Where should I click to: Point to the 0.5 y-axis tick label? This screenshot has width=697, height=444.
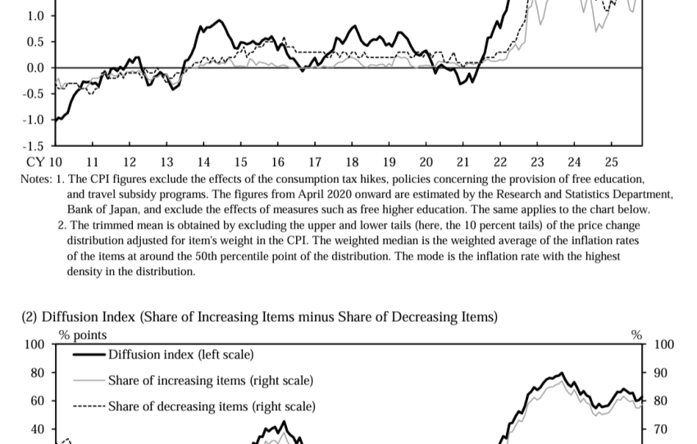(35, 42)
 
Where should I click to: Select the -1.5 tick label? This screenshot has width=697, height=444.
(33, 146)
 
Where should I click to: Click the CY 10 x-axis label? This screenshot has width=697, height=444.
(44, 162)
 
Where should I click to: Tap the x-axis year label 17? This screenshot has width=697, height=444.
(315, 162)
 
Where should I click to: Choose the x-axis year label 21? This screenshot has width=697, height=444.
(463, 162)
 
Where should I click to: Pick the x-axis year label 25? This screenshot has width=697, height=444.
(611, 162)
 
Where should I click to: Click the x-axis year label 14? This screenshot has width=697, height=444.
(204, 162)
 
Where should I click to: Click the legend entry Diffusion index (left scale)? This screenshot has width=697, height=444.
(180, 355)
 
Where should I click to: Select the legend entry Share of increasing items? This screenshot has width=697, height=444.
(210, 380)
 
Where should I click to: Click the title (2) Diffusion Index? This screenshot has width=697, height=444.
(259, 317)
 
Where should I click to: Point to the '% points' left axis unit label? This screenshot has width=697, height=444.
(83, 335)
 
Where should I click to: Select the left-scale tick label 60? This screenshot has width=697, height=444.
(38, 401)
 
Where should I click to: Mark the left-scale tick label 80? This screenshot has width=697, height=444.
(38, 373)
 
